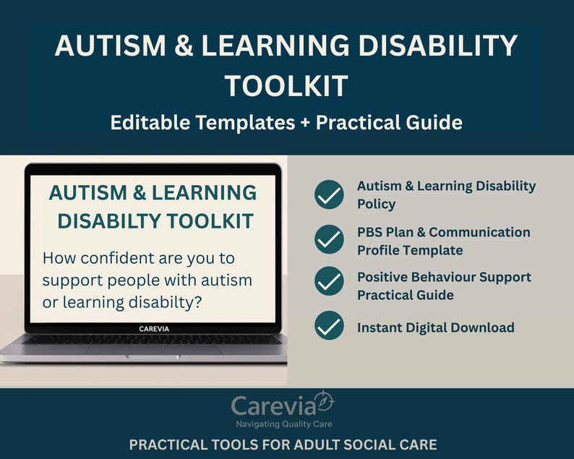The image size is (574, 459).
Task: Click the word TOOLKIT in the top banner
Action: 286,86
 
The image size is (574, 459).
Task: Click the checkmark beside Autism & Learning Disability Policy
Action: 329,194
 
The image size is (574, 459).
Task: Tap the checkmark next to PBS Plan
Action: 329,239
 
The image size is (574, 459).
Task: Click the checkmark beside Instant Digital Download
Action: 329,326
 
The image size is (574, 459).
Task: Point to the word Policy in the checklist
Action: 376,205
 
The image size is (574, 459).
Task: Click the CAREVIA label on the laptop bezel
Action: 155,328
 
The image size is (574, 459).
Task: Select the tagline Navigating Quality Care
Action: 284,424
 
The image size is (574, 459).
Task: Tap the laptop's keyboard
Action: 152,340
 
